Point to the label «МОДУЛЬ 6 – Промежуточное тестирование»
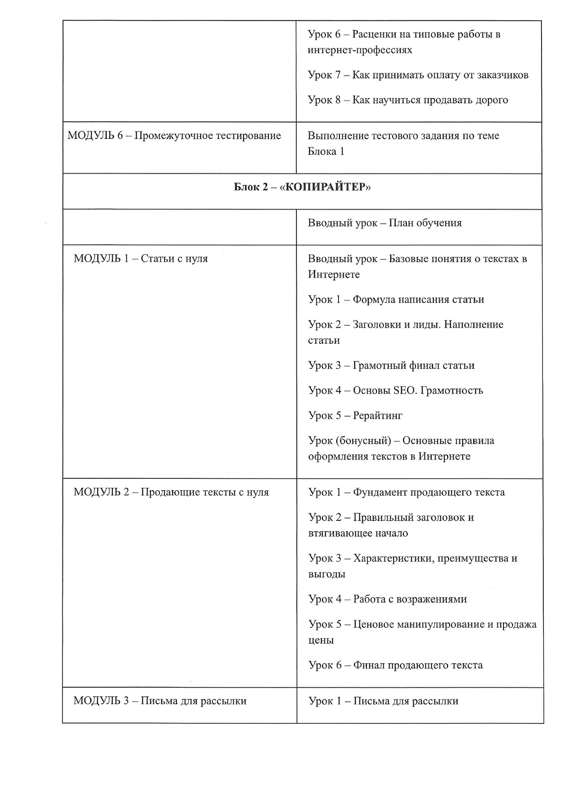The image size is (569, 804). point(174,136)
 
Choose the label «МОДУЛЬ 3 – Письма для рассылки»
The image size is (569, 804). point(160,701)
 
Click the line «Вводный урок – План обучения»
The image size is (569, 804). point(385,223)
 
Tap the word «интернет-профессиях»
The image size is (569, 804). point(360,50)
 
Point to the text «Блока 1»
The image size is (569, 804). point(326,151)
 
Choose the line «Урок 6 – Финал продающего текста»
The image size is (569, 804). point(395,665)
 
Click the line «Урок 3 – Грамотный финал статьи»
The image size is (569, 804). point(391,365)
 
